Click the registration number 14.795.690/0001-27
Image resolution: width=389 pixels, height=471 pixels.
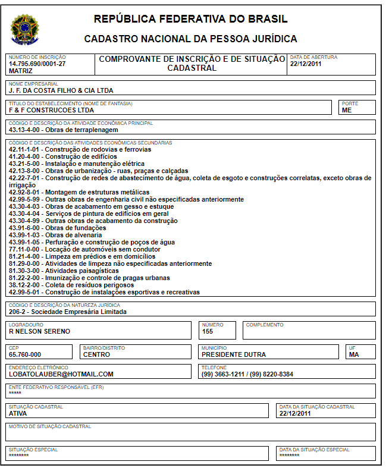37,64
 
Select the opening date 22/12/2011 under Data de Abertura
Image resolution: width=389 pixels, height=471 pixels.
306,64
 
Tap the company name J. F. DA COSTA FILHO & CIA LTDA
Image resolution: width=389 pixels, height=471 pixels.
61,91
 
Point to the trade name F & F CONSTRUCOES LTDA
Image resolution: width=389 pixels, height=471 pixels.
51,110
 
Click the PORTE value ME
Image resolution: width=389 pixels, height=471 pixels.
347,110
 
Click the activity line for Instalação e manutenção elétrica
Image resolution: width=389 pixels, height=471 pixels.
76,164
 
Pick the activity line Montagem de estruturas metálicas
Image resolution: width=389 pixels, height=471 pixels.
79,192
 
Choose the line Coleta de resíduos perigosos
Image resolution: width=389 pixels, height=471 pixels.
71,285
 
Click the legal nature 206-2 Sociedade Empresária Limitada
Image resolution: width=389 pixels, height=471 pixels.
67,312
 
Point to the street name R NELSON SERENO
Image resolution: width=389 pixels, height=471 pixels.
39,331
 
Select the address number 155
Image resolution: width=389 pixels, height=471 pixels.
208,331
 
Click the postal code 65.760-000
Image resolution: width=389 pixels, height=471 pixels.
25,354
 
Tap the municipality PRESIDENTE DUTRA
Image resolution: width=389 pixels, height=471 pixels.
234,354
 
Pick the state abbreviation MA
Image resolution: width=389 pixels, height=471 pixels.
355,354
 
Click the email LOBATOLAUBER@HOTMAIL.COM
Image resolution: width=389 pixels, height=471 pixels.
61,374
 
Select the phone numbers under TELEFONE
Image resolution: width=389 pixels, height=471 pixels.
247,374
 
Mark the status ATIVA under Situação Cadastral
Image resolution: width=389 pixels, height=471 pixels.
18,413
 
